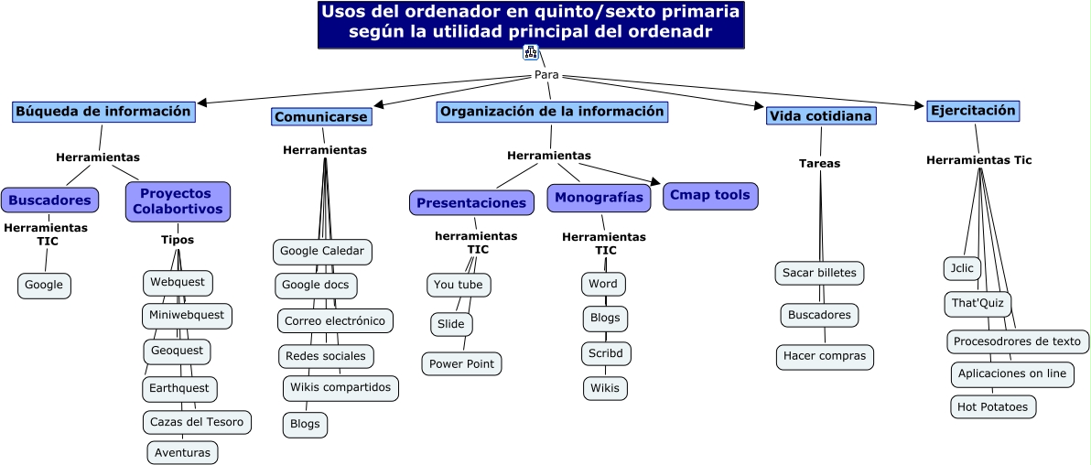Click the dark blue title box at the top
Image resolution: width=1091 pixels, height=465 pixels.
pos(531,24)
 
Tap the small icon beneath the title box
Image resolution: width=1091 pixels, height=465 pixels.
pos(530,52)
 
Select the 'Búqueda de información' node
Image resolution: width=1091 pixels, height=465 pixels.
pos(103,112)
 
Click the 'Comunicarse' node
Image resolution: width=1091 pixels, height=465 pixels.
pos(321,117)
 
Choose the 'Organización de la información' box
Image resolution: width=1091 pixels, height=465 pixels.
pos(552,112)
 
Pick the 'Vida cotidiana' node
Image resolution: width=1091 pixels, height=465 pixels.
pos(821,116)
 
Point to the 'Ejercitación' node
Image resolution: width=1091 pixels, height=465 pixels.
pos(972,111)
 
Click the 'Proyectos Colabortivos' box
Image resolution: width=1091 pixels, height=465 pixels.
pos(178,201)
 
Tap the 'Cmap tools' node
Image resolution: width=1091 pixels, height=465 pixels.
pos(709,195)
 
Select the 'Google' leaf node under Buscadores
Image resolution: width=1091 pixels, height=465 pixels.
pos(44,286)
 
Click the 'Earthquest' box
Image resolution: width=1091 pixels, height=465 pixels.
pos(179,388)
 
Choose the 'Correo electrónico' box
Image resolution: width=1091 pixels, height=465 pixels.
pos(335,321)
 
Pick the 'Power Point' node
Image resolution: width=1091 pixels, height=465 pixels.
pos(461,364)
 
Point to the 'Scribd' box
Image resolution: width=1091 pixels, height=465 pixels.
pos(606,353)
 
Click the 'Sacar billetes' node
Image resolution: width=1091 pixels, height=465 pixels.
pos(819,273)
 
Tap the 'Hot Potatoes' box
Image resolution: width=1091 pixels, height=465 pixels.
pos(993,406)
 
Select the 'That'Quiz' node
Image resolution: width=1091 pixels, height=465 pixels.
pos(978,303)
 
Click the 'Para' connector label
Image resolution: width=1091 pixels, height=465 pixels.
pos(546,75)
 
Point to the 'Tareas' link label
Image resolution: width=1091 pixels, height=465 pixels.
pos(819,164)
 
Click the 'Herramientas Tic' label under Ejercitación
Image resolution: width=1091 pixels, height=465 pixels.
pos(978,160)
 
